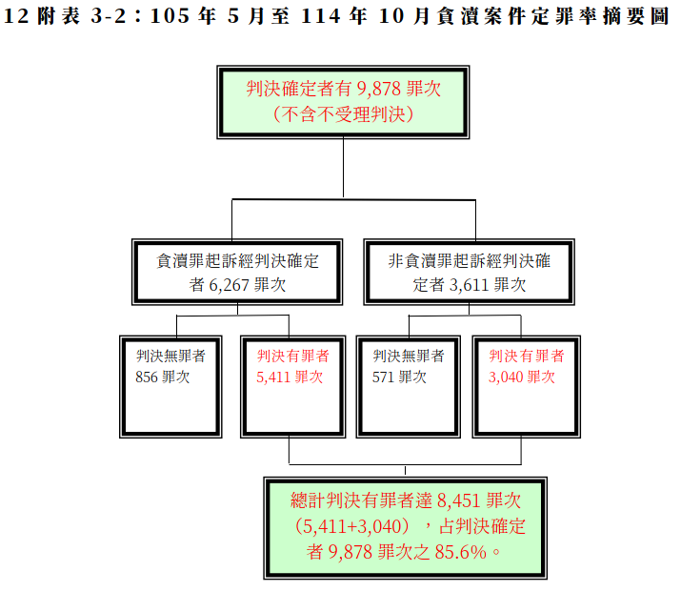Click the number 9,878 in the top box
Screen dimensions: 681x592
(x=379, y=89)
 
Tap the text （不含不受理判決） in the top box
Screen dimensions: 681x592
(x=343, y=114)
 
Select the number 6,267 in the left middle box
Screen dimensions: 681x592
(x=230, y=285)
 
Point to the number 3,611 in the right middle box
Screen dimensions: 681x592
(x=470, y=285)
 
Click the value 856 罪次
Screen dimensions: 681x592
(x=163, y=377)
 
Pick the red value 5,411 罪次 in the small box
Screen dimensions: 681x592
(x=290, y=377)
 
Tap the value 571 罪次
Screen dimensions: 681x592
(x=400, y=377)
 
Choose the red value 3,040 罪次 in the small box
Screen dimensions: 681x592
(x=522, y=377)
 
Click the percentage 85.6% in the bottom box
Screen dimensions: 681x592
(x=461, y=552)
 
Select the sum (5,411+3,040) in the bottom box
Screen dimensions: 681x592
(x=352, y=526)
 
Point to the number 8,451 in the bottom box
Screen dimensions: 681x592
(x=459, y=500)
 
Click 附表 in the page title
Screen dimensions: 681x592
(x=59, y=16)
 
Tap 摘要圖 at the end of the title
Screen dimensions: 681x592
(x=636, y=16)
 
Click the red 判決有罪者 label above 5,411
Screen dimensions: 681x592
(x=293, y=356)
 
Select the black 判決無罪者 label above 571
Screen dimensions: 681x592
(x=409, y=356)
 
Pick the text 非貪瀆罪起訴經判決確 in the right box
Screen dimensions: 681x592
(x=470, y=261)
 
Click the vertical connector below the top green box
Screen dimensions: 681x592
(x=343, y=168)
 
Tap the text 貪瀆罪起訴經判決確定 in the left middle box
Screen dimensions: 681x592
(x=237, y=261)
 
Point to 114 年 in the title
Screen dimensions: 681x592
(x=333, y=16)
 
